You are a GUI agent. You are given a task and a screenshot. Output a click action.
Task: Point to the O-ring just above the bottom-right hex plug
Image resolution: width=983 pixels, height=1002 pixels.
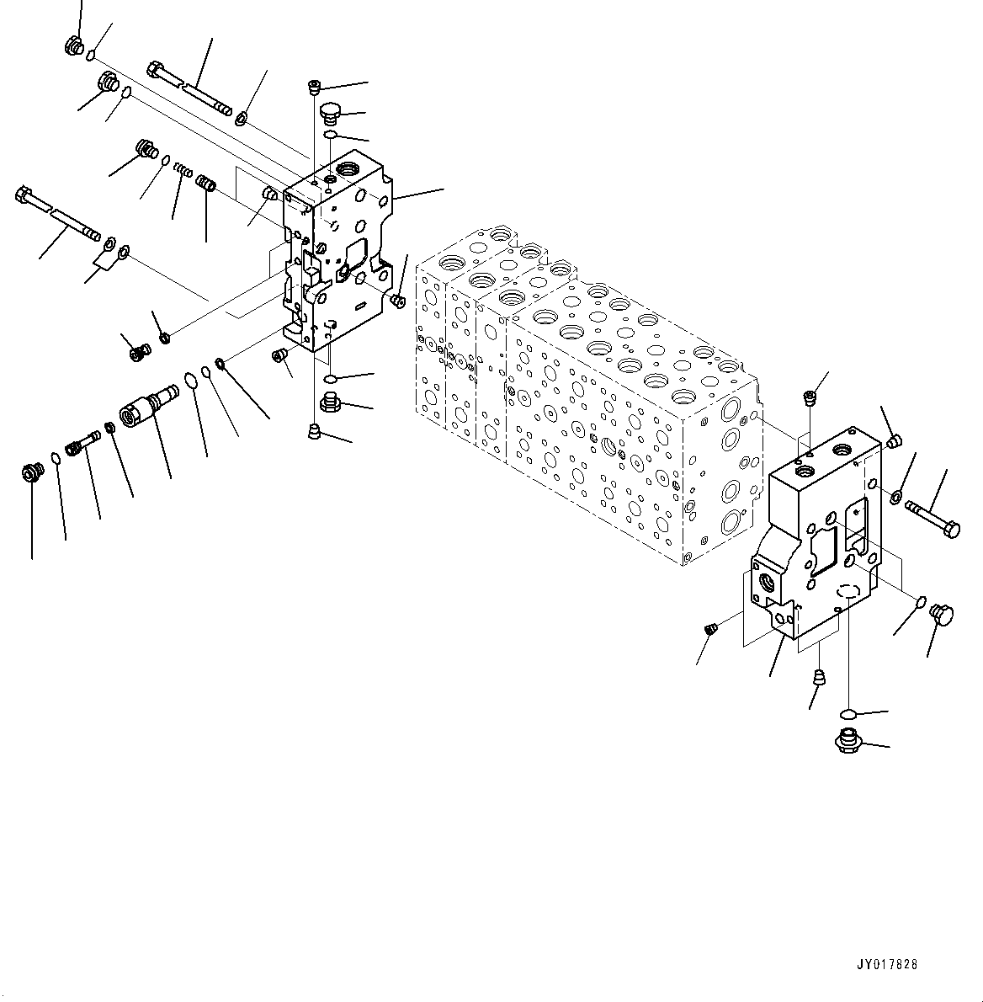pyautogui.click(x=849, y=715)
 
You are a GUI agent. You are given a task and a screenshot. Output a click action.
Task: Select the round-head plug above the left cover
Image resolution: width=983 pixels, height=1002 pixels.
pyautogui.click(x=332, y=112)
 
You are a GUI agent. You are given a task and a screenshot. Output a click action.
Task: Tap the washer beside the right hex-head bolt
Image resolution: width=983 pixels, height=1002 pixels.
pyautogui.click(x=898, y=497)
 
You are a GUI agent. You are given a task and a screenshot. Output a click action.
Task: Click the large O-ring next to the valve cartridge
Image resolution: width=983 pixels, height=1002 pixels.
pyautogui.click(x=191, y=380)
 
